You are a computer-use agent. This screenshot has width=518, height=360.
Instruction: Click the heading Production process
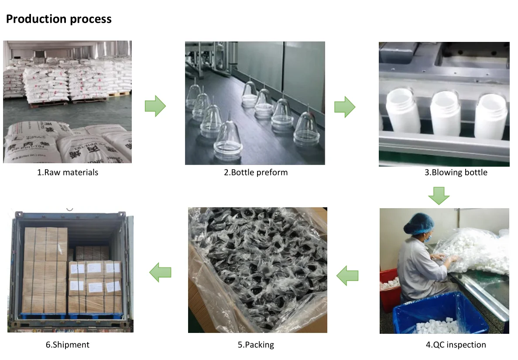pos(58,19)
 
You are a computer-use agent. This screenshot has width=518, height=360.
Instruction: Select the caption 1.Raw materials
pos(68,172)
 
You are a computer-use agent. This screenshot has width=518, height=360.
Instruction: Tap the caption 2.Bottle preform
pos(256,172)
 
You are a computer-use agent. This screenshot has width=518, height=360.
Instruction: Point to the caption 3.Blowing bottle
pos(456,172)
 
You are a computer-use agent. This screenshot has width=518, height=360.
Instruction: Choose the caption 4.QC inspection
pos(456,345)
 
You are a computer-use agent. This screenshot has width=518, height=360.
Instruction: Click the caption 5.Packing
pos(256,345)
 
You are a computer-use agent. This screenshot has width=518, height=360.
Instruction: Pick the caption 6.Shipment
pos(68,345)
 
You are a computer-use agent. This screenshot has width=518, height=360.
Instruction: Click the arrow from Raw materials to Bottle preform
pos(155,106)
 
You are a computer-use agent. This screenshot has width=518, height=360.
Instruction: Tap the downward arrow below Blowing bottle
pos(439,195)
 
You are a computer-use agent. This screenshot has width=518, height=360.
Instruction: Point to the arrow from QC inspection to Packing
pos(347,275)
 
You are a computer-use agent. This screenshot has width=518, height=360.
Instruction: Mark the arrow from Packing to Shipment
pos(160,273)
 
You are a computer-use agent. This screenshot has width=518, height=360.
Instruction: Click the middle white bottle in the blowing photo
pos(445,114)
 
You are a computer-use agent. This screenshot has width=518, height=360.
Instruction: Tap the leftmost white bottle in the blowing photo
pos(401,111)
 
